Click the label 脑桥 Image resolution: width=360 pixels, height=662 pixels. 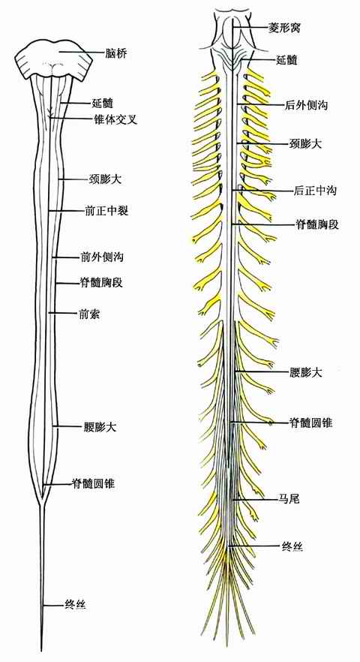(x=115, y=53)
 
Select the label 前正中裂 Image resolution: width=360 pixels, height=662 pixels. (x=106, y=210)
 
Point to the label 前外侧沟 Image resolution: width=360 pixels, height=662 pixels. (x=102, y=257)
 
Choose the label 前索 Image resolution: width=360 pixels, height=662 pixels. (x=89, y=313)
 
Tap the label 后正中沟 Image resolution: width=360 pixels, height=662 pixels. (x=314, y=191)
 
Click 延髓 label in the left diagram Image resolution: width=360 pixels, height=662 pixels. (x=103, y=103)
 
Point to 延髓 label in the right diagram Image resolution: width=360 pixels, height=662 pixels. (x=286, y=60)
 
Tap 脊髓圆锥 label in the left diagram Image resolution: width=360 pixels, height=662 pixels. (x=94, y=483)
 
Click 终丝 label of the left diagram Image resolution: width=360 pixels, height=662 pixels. (x=76, y=606)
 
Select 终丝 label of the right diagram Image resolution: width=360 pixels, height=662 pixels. (x=292, y=546)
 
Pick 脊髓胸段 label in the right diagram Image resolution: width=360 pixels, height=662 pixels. (x=316, y=224)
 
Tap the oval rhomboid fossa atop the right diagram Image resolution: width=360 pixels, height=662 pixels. (x=233, y=32)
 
